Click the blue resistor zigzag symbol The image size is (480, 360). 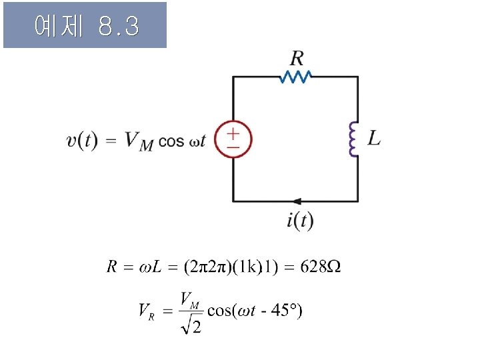(295, 77)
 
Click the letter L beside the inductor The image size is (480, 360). (375, 139)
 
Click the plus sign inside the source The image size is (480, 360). (233, 133)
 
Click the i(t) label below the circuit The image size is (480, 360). (300, 221)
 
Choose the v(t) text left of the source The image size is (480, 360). (82, 141)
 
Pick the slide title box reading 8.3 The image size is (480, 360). (85, 25)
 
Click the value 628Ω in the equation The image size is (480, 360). (321, 267)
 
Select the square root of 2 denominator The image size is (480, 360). (191, 325)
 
